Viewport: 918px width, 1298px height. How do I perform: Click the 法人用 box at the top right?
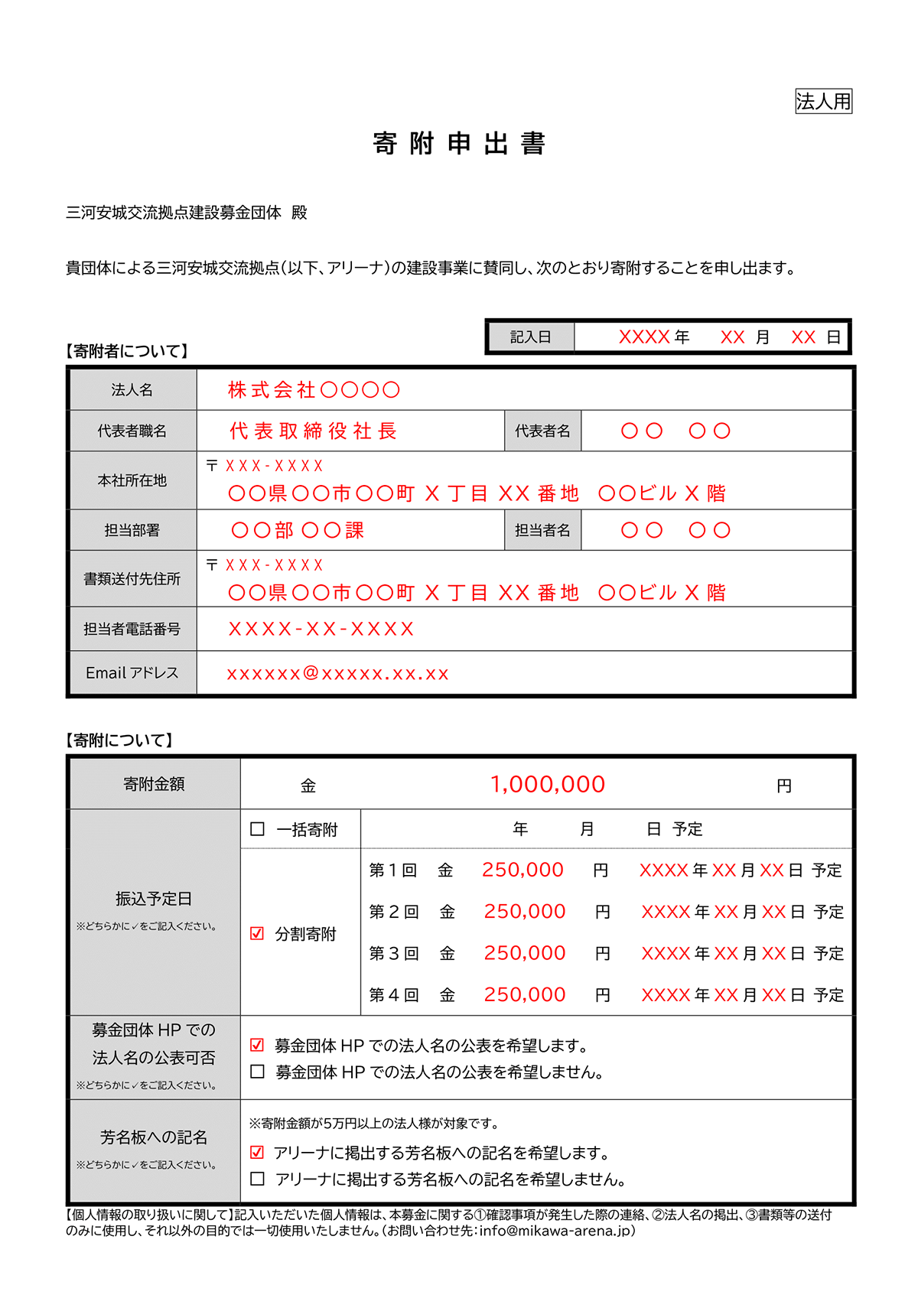coord(823,101)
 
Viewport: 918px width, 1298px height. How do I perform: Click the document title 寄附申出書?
coord(459,144)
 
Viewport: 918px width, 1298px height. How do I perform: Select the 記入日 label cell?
coord(530,337)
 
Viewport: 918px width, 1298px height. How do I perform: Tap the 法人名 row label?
coord(132,390)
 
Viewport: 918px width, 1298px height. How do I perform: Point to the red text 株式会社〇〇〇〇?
coord(314,390)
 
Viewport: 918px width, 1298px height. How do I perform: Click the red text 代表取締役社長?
coord(313,431)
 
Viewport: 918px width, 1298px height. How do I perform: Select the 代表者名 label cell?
coord(542,431)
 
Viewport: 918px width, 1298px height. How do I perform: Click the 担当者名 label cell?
coord(542,530)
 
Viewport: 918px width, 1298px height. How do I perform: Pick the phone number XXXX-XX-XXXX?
coord(321,629)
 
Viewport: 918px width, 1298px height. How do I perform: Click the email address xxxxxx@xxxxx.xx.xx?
coord(337,674)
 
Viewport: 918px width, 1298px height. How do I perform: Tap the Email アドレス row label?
coord(132,673)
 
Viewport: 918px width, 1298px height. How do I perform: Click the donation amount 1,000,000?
coord(547,785)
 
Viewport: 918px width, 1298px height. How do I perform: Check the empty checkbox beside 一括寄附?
coord(258,829)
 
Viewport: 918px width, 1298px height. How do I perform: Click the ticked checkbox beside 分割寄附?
coord(258,934)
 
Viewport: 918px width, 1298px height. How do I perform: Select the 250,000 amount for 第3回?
coord(525,953)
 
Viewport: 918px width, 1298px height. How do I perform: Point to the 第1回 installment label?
coord(392,870)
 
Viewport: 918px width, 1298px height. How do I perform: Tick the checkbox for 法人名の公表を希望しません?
coord(258,1072)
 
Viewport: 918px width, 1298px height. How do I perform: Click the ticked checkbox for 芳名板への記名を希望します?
coord(258,1152)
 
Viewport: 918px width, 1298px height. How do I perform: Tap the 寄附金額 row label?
coord(154,784)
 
